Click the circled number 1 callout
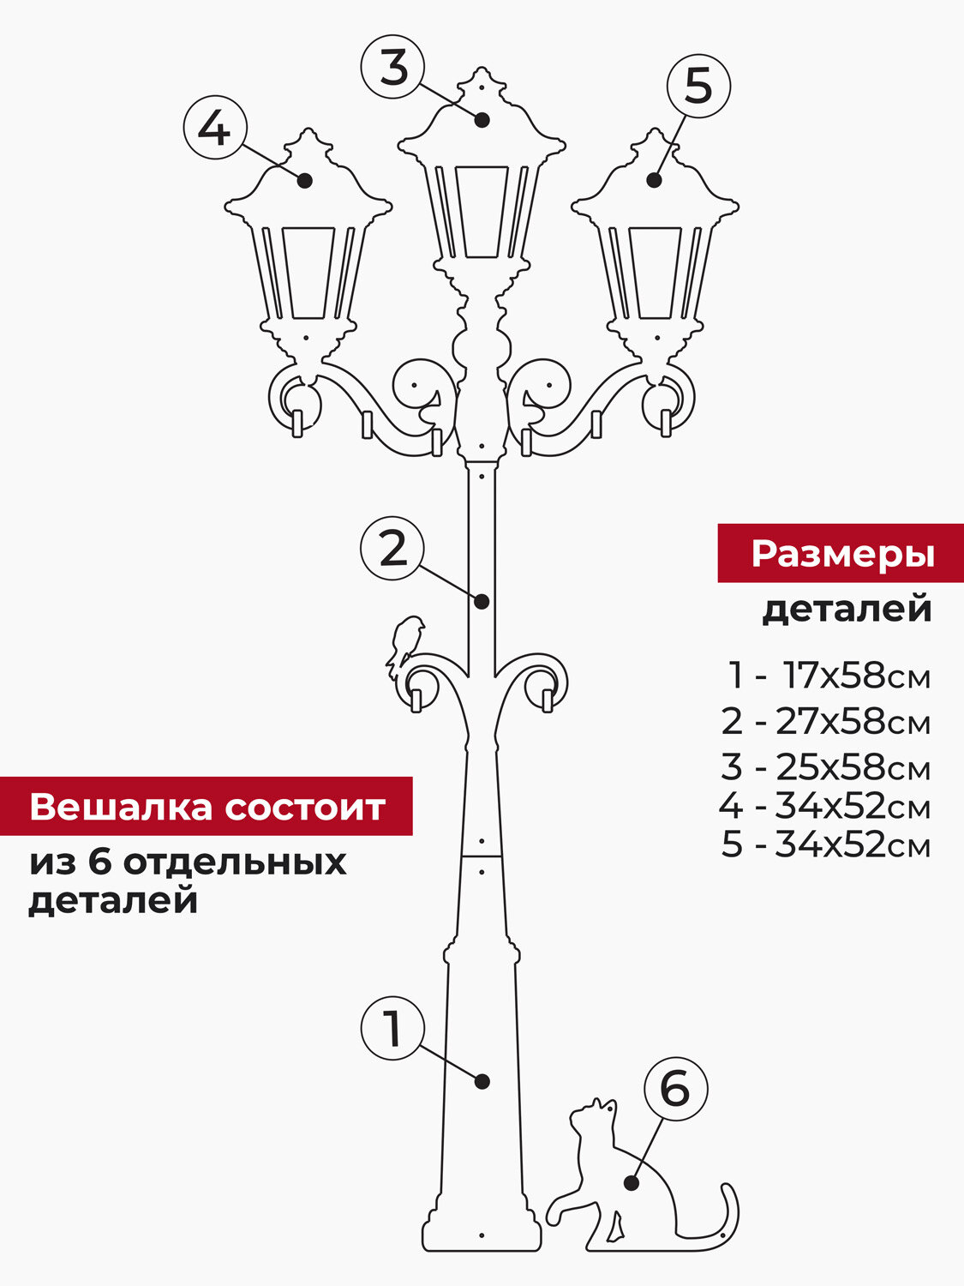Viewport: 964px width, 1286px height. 393,1029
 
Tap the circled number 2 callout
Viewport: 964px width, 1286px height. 393,549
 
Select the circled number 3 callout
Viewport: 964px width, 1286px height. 393,68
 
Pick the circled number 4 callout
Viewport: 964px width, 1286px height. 214,129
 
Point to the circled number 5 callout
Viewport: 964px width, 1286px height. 698,87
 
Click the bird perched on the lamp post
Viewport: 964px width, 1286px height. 405,639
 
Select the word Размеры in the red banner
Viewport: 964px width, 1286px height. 842,554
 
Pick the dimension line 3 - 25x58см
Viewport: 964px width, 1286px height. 825,766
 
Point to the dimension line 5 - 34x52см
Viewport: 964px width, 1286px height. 825,844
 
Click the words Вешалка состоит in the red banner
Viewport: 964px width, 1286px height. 207,807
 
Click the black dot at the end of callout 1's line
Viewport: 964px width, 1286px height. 482,1081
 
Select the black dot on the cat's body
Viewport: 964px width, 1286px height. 632,1183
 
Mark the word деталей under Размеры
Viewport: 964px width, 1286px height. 847,609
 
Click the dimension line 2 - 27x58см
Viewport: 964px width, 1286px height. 825,722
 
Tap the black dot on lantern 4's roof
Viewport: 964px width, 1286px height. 305,180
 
